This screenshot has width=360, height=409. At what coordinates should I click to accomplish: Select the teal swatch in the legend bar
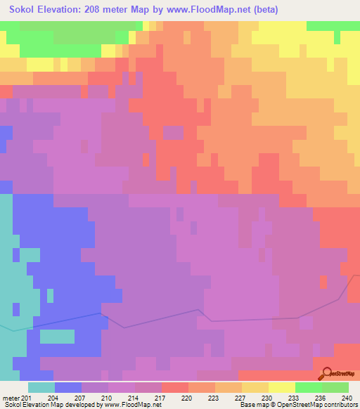pyautogui.click(x=41, y=387)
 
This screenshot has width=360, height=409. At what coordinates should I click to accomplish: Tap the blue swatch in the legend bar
pyautogui.click(x=68, y=387)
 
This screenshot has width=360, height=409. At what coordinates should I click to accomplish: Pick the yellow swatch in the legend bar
pyautogui.click(x=282, y=387)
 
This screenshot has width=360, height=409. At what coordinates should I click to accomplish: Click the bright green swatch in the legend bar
pyautogui.click(x=309, y=387)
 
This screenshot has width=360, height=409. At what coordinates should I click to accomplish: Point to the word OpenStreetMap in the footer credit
pyautogui.click(x=289, y=405)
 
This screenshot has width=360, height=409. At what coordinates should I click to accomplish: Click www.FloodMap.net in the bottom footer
pyautogui.click(x=138, y=405)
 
